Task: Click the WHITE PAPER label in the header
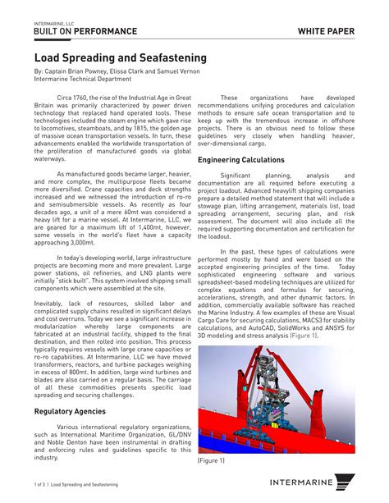click(x=327, y=31)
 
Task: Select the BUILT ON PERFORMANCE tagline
click(x=85, y=31)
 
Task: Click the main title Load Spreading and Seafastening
click(x=120, y=59)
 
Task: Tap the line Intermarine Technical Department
click(x=82, y=80)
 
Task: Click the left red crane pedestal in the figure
click(x=217, y=410)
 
